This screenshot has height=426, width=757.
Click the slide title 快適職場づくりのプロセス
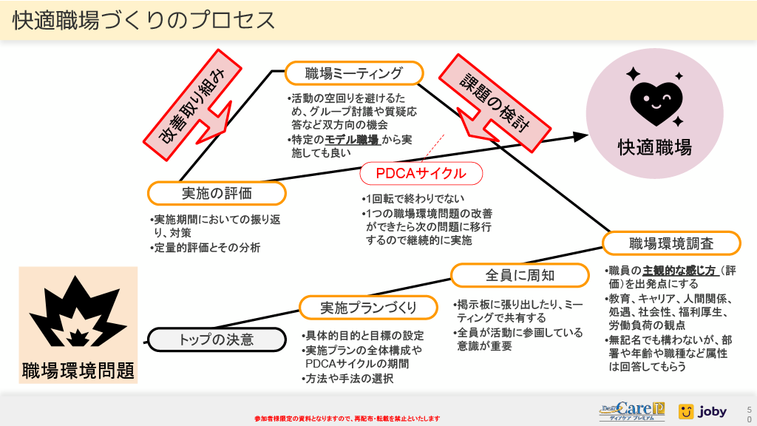click(144, 21)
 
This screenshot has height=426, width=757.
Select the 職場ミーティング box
click(354, 73)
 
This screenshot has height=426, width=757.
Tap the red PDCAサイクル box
click(421, 174)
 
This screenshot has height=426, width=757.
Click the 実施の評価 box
click(217, 193)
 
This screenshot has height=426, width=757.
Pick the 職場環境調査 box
click(671, 243)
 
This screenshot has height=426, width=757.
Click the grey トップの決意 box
click(217, 339)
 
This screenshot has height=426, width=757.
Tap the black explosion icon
click(78, 311)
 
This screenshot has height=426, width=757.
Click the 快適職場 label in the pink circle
click(655, 147)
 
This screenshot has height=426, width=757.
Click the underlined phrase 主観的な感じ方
click(670, 271)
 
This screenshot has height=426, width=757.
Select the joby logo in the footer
click(702, 411)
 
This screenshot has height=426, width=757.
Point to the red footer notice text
click(347, 418)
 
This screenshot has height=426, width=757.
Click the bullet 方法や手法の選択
click(350, 378)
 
